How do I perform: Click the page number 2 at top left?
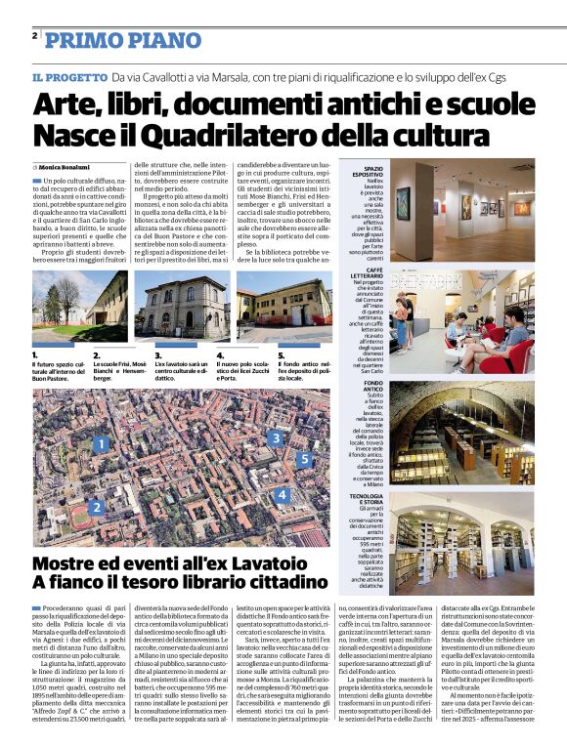pos(34,36)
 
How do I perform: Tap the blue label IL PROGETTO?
pos(68,77)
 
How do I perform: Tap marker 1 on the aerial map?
pos(101,444)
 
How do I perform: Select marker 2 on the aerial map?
pos(96,507)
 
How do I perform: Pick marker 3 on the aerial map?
pos(277,438)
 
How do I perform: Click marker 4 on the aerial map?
pos(282,495)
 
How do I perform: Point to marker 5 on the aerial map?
pos(304,458)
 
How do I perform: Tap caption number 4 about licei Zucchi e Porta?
pos(220,355)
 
